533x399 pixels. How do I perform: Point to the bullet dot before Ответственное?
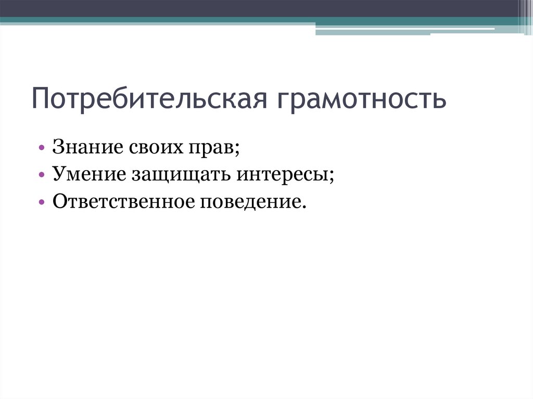[42, 202]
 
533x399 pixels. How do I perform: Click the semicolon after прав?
[237, 151]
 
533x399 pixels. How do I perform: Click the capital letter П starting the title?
[41, 99]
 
